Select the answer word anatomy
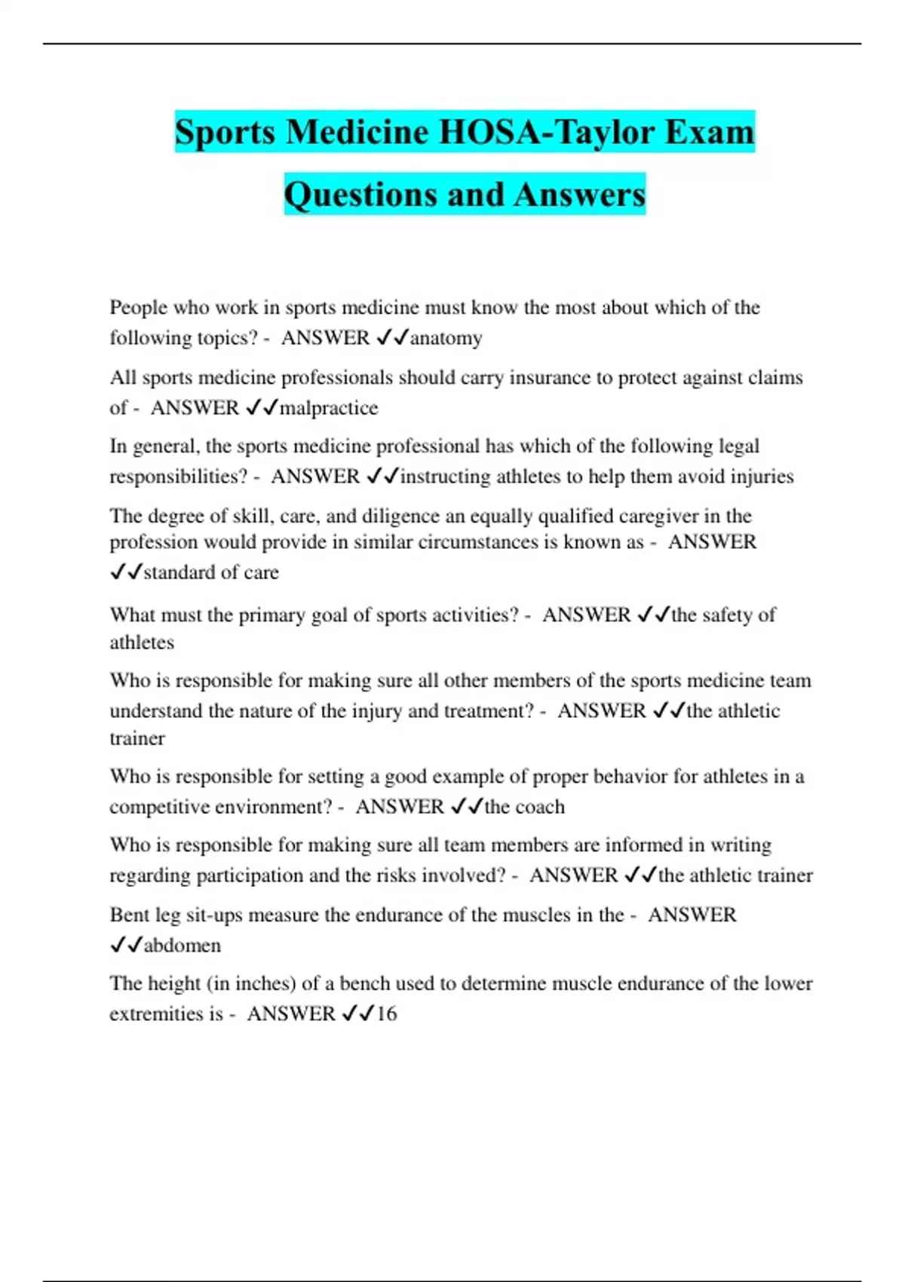tap(446, 338)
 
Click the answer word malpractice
tap(329, 408)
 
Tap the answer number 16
tap(386, 1014)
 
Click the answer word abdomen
tap(183, 946)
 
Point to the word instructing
tap(445, 477)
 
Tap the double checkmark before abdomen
tap(126, 946)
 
